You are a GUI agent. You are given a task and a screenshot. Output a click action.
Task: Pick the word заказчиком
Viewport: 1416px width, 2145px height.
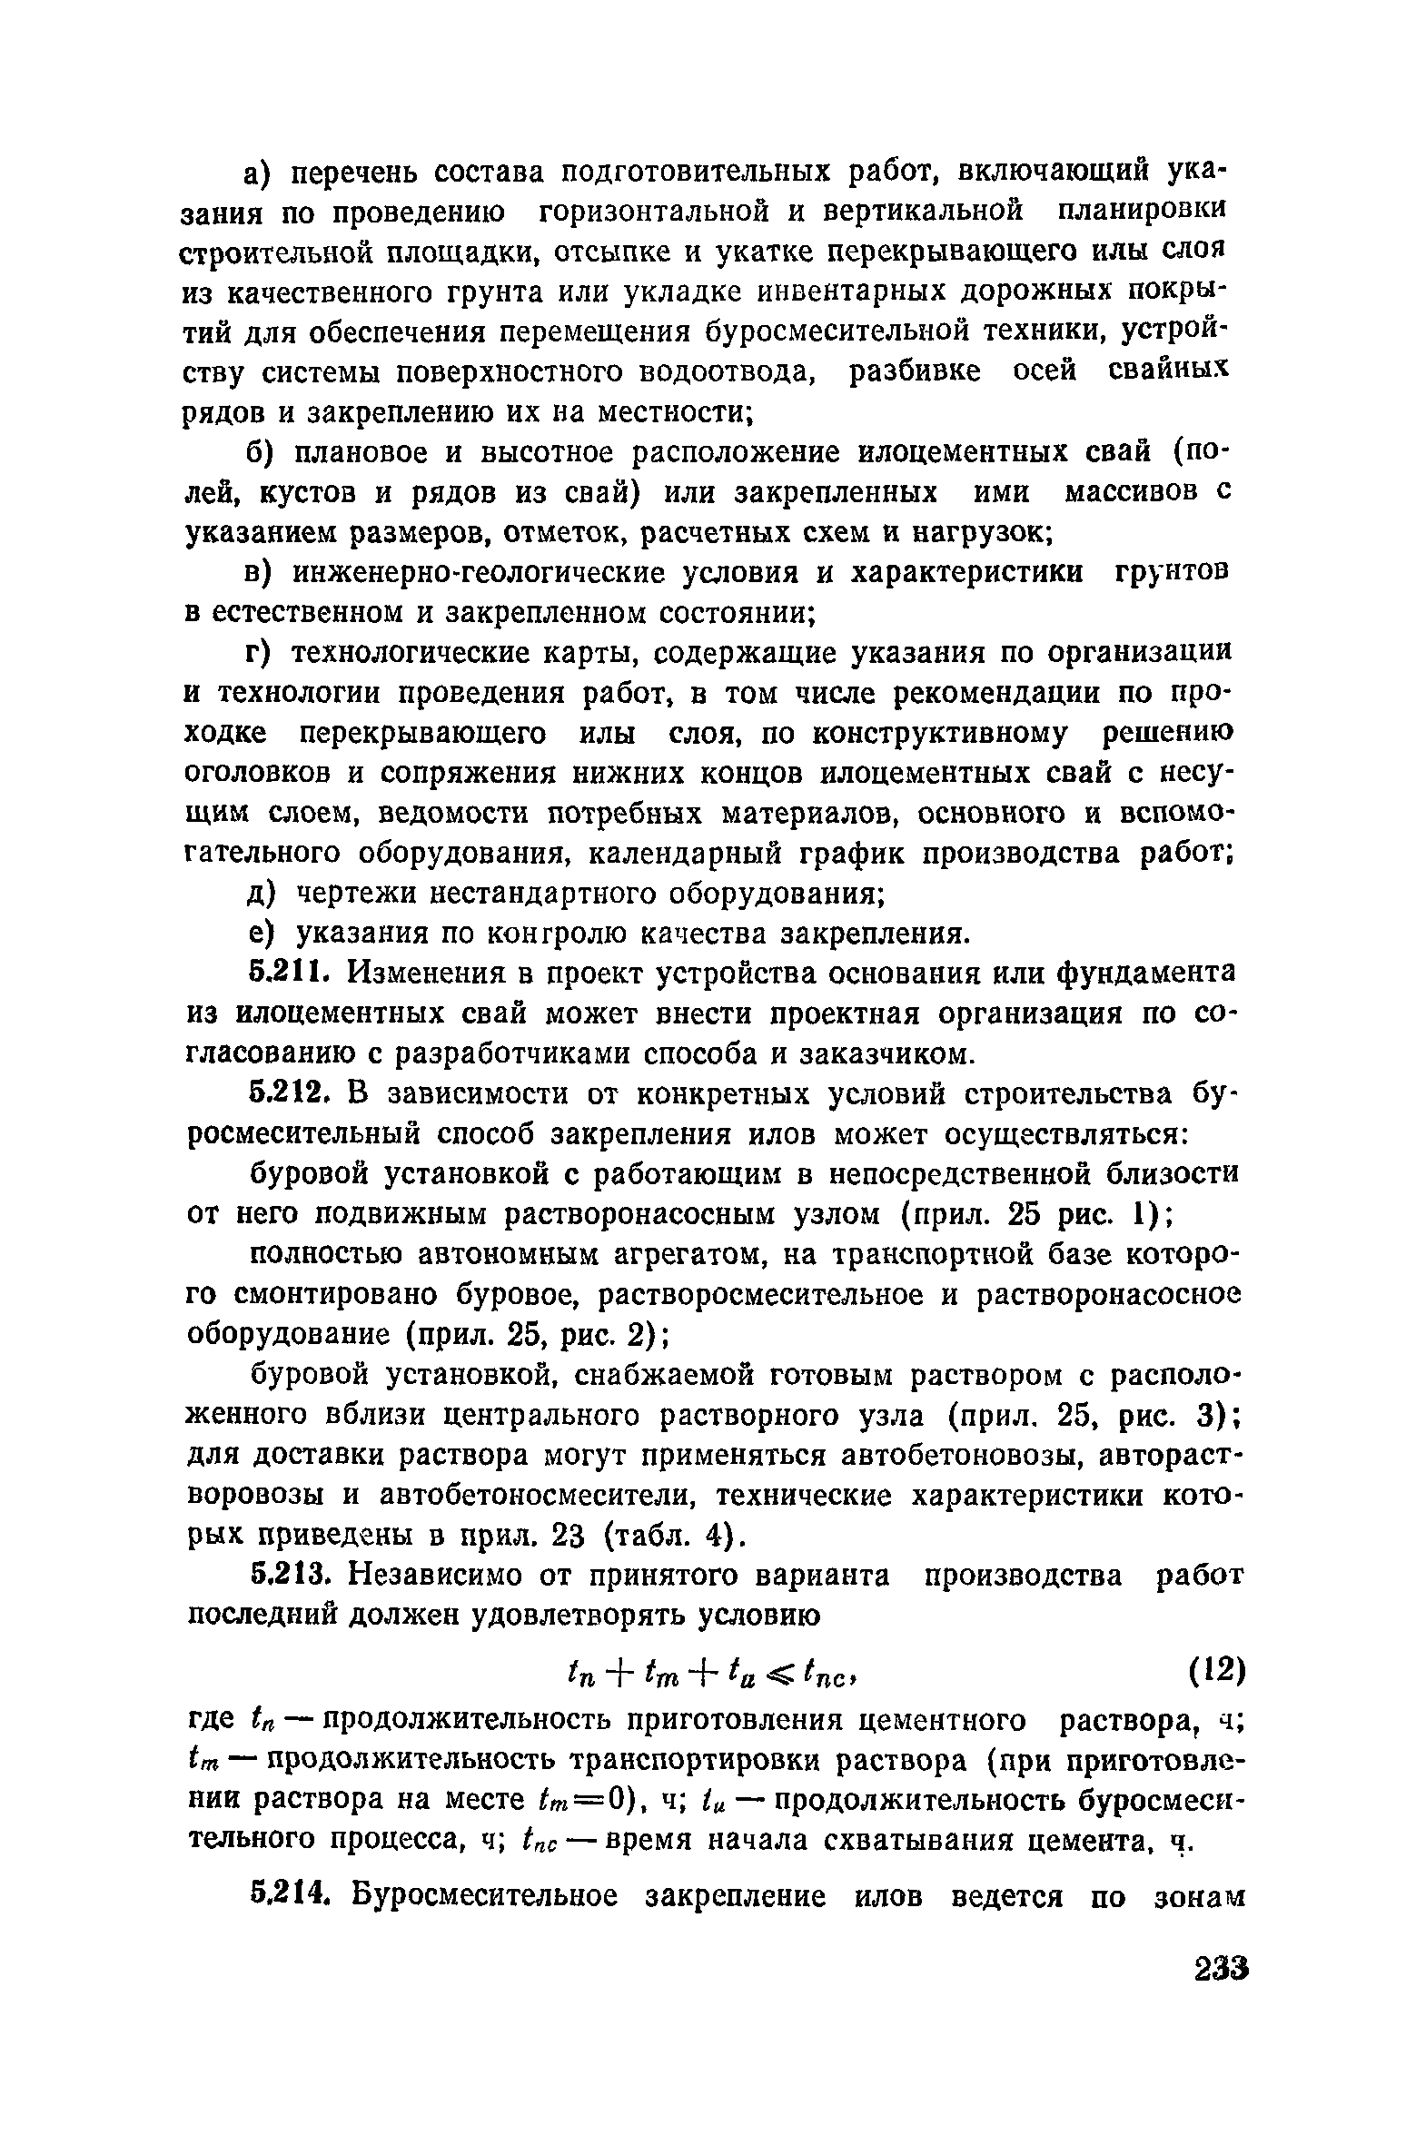click(887, 1054)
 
